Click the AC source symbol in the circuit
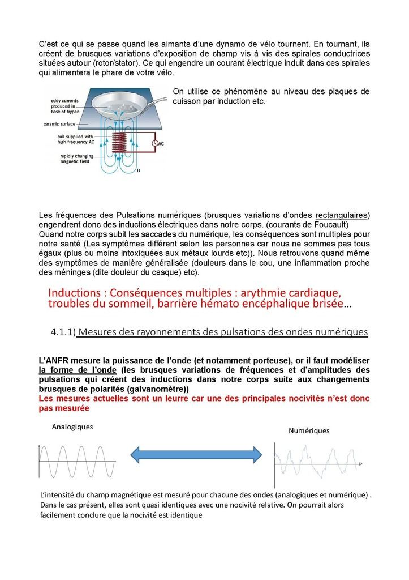154,144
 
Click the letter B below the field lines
139,170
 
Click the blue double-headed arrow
196,454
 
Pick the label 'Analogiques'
72,426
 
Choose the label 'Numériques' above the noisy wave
309,430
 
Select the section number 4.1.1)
63,332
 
